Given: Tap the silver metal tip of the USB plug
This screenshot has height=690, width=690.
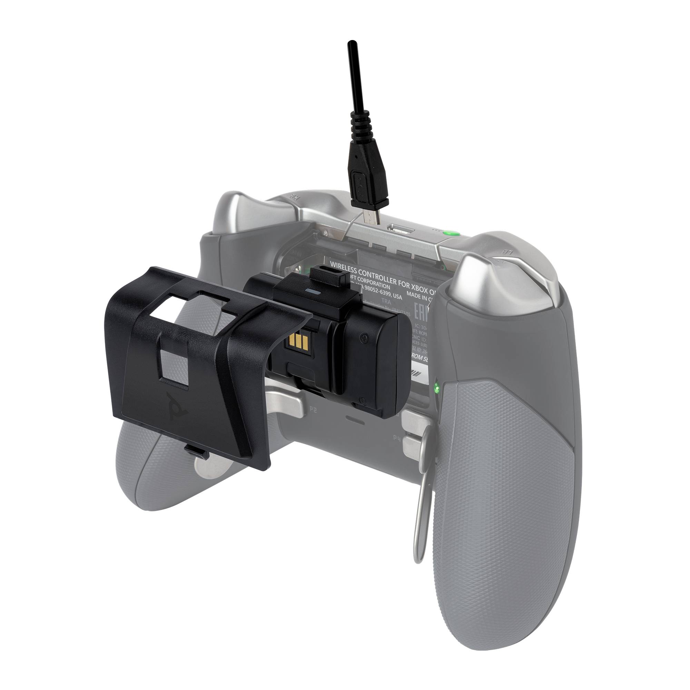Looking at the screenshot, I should pos(369,217).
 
